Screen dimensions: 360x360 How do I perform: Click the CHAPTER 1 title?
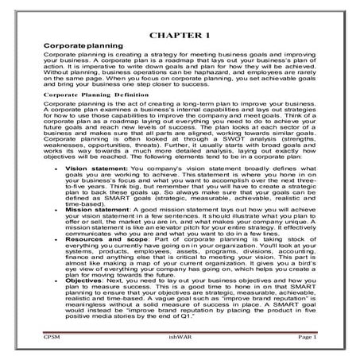point(180,36)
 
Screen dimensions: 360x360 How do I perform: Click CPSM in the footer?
point(52,337)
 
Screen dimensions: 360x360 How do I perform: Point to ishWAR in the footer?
point(180,337)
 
